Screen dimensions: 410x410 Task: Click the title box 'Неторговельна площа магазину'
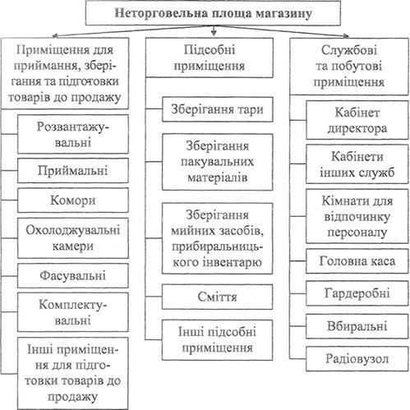click(213, 13)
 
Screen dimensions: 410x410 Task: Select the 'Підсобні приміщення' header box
click(210, 58)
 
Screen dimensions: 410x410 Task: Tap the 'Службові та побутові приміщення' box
click(349, 67)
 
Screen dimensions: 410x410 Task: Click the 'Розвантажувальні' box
click(73, 134)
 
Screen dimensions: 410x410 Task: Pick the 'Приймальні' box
click(73, 170)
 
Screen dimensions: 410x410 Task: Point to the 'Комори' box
click(73, 200)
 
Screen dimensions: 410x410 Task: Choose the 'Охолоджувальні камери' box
click(73, 238)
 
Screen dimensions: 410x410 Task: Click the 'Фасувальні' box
click(73, 275)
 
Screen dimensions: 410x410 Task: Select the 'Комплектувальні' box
click(73, 312)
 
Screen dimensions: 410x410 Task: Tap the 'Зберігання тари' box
click(218, 109)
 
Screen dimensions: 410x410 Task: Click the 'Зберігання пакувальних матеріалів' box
click(218, 162)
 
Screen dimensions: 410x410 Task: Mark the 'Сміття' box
click(218, 297)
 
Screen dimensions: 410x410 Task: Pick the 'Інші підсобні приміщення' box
click(218, 340)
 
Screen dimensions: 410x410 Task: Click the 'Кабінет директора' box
click(357, 120)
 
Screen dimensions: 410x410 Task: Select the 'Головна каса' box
click(357, 261)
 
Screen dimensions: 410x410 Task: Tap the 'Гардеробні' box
click(357, 293)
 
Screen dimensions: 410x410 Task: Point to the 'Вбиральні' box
click(357, 326)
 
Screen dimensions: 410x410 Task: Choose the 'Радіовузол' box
click(357, 359)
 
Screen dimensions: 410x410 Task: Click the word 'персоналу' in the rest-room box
click(357, 233)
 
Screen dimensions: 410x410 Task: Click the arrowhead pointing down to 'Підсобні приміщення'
click(214, 33)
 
